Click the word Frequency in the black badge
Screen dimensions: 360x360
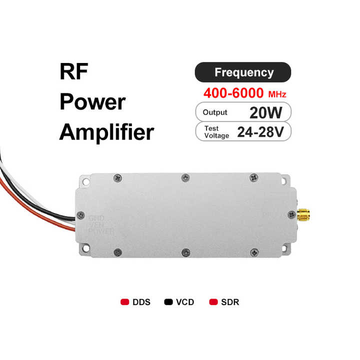coord(243,72)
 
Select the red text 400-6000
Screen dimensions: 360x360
coord(233,93)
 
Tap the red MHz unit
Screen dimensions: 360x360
coord(277,94)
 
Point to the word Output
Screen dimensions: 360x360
coord(215,112)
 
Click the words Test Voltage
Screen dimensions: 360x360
coord(215,132)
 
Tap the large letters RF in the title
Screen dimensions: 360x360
coord(74,72)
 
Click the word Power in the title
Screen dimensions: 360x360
coord(92,102)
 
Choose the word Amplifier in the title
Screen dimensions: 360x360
coord(106,132)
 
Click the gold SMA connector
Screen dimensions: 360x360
coord(303,215)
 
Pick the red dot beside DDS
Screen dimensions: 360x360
coord(125,302)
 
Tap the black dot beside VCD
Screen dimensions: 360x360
coord(168,302)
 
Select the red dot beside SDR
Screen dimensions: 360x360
coord(213,302)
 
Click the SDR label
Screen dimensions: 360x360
coord(230,302)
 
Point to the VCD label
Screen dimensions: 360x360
coord(185,302)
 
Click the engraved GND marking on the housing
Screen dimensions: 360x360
coord(96,218)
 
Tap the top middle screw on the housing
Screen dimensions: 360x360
coord(185,177)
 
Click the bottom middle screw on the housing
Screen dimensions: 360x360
coord(185,252)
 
